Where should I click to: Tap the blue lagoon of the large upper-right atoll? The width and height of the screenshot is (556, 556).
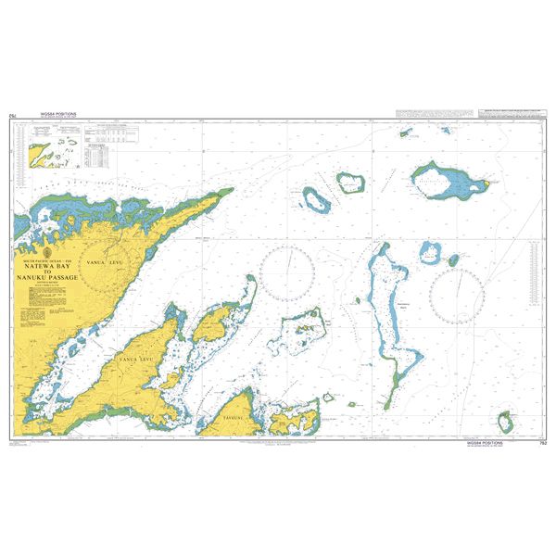pyautogui.click(x=443, y=182)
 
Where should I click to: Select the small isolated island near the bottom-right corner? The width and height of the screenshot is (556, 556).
pyautogui.click(x=505, y=423)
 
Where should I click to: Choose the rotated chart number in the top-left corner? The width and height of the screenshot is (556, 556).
pyautogui.click(x=12, y=116)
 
